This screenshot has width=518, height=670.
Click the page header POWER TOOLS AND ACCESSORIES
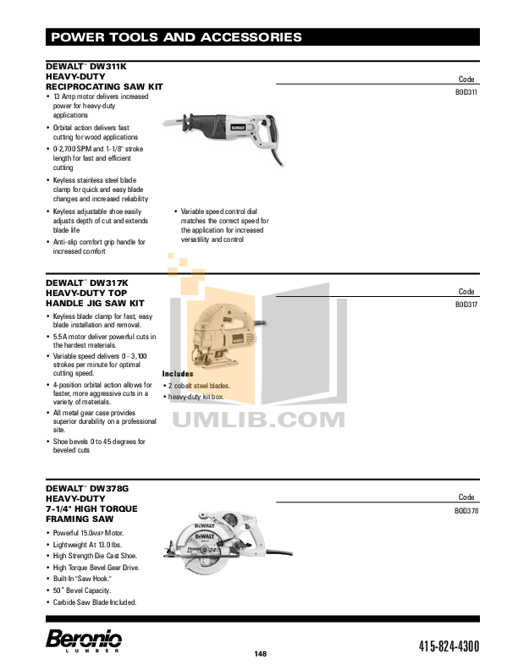pyautogui.click(x=176, y=37)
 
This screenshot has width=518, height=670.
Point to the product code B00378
pyautogui.click(x=467, y=511)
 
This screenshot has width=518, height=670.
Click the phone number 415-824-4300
pyautogui.click(x=448, y=647)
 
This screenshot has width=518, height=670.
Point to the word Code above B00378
pyautogui.click(x=467, y=497)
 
